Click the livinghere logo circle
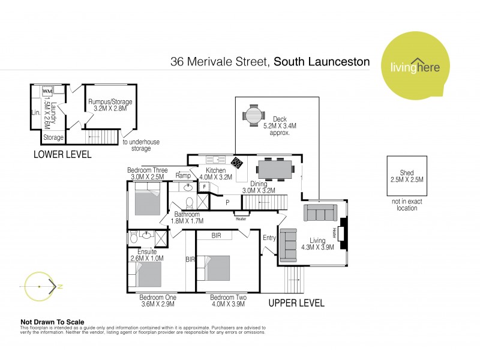click(416, 66)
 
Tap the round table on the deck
click(253, 113)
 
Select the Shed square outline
click(407, 176)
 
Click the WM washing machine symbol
click(47, 91)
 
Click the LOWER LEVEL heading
click(63, 155)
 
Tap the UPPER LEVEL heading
click(296, 303)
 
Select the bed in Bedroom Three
click(146, 200)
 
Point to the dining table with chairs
click(274, 169)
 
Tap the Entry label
click(269, 238)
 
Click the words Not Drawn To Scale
click(52, 322)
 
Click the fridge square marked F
click(204, 187)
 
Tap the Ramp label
click(182, 175)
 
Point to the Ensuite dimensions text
click(146, 258)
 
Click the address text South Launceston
click(322, 62)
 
